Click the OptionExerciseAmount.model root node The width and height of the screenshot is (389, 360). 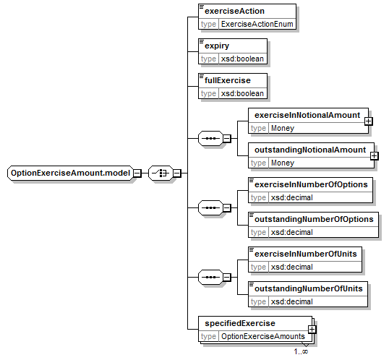[x=70, y=173]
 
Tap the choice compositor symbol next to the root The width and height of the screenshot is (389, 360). [x=161, y=173]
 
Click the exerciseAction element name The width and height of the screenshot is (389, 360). [x=234, y=11]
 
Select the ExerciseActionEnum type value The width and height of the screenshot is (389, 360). [x=257, y=24]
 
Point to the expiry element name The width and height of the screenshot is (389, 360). [x=217, y=46]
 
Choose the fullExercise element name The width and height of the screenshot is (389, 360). [x=228, y=80]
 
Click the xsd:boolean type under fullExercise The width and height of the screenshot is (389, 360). [x=242, y=93]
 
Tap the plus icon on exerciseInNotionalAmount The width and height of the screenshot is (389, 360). [x=369, y=121]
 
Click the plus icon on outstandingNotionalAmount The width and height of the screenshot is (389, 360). [x=374, y=156]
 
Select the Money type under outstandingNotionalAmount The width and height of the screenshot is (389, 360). [x=283, y=163]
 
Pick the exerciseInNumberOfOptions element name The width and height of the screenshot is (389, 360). [x=311, y=184]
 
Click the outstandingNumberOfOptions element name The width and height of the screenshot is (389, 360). [x=314, y=219]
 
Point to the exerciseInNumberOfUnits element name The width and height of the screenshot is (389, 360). [x=306, y=254]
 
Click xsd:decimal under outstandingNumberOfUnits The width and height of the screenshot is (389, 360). [x=292, y=301]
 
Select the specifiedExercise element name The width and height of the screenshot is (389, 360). [x=240, y=323]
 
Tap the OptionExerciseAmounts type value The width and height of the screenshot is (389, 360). [x=263, y=336]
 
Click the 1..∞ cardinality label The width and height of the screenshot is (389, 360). [x=301, y=351]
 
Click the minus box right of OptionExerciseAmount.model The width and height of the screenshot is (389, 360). [x=137, y=173]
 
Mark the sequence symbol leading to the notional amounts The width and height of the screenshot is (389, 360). [x=210, y=138]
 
